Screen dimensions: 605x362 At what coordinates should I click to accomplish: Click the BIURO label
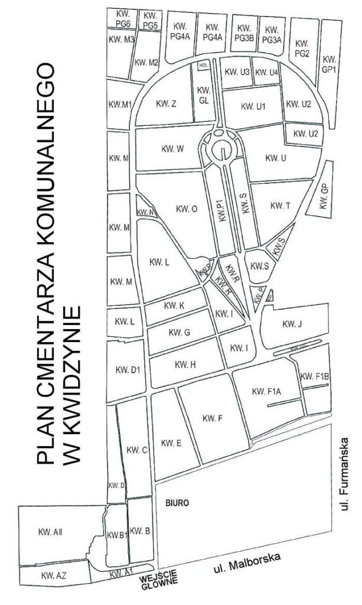pos(177,504)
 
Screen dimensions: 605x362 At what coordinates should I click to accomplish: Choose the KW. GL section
pos(204,95)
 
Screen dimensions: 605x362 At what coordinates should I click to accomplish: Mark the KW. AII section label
pos(51,533)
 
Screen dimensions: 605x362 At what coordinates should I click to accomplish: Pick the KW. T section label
pos(279,205)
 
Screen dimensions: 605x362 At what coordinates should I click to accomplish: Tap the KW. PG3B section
pos(244,33)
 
